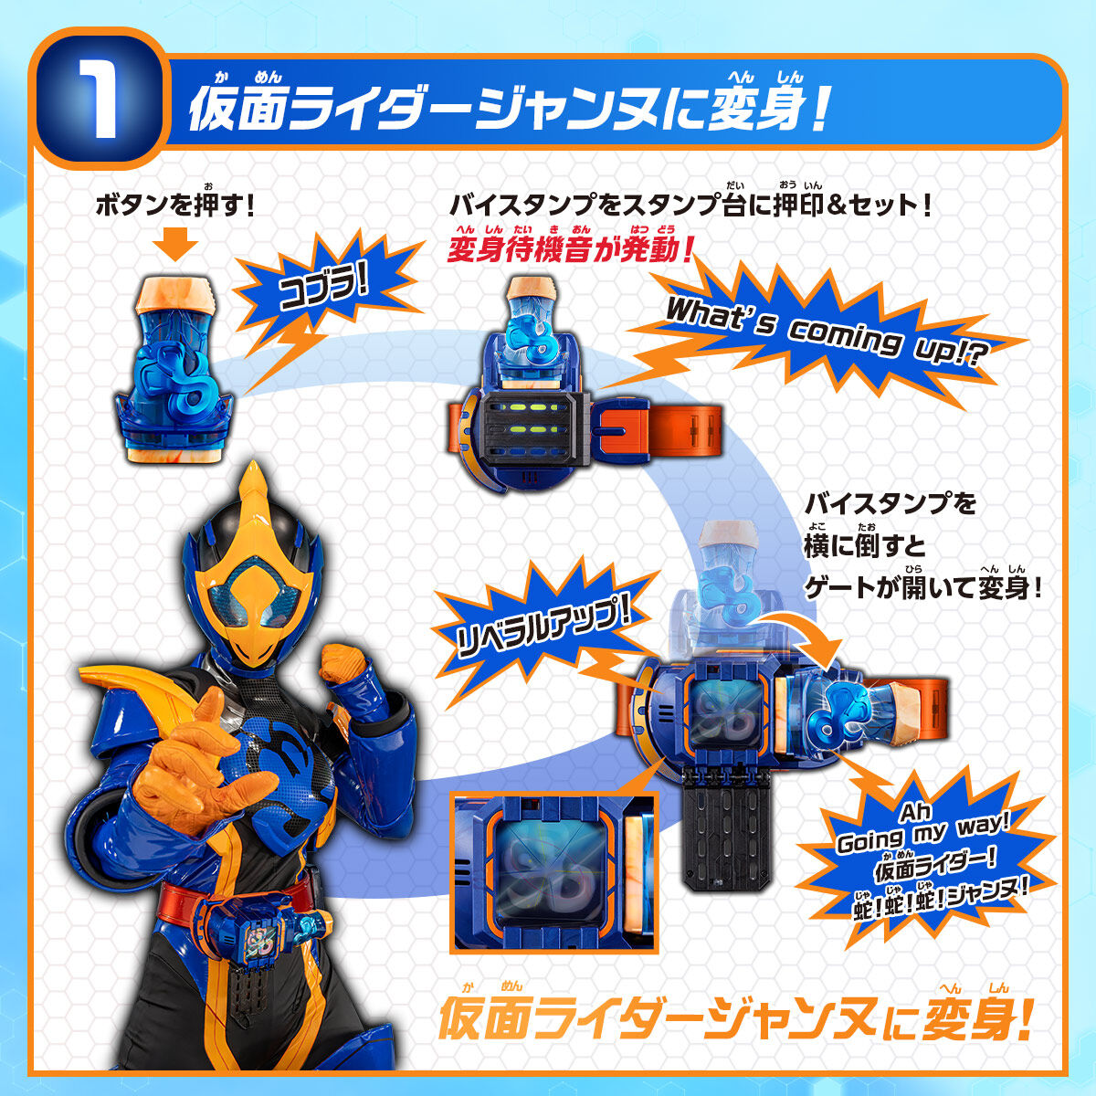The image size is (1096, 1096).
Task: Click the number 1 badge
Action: pos(96,100)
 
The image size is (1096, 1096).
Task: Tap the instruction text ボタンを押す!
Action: pos(174,204)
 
